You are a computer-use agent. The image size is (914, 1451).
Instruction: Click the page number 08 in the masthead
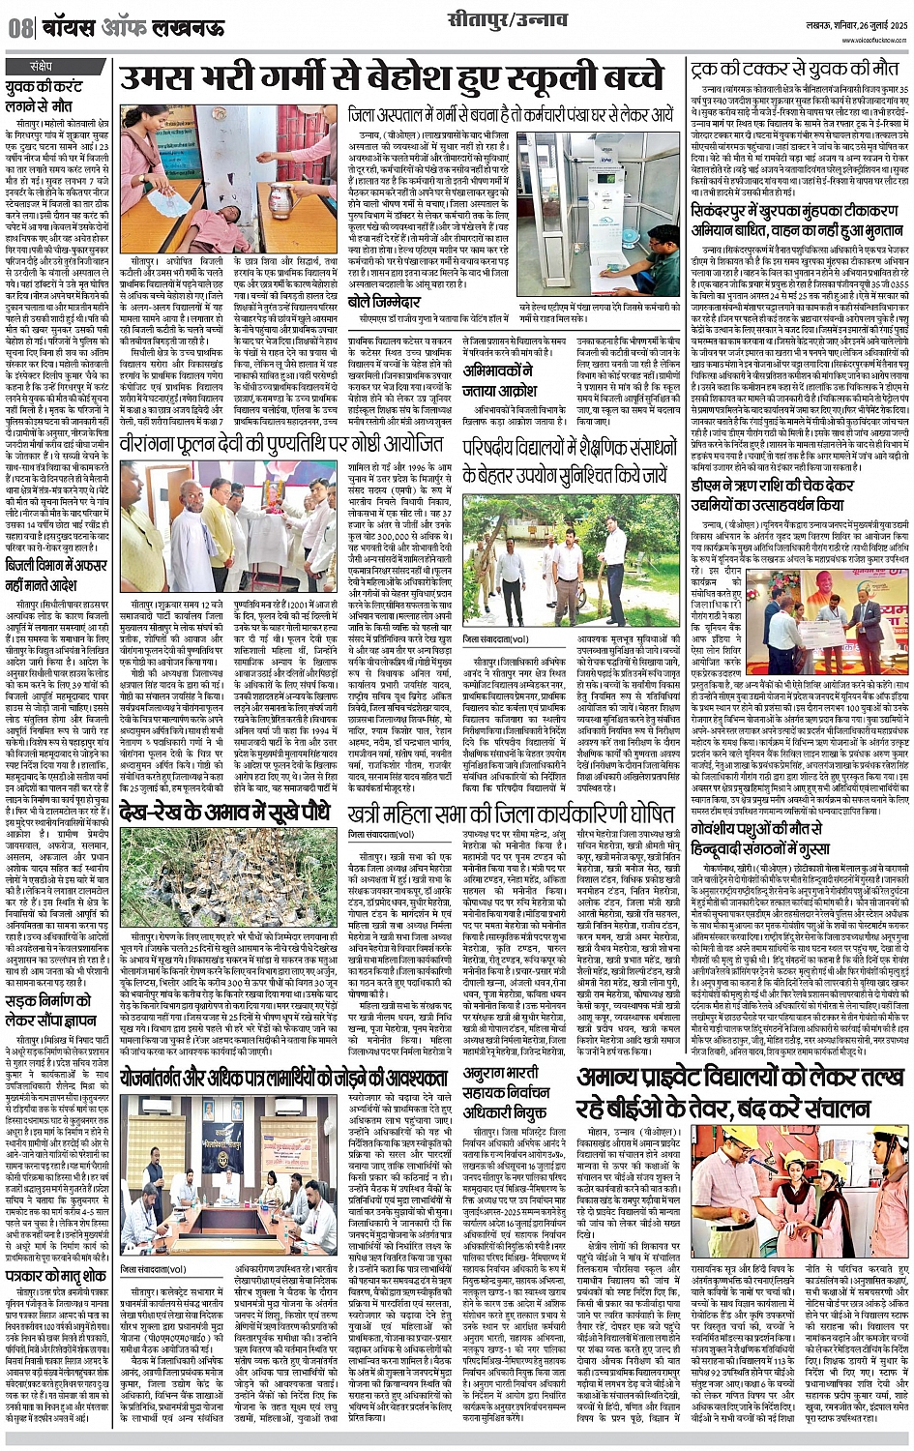click(19, 28)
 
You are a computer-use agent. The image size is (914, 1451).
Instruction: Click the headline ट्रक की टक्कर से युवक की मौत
click(793, 70)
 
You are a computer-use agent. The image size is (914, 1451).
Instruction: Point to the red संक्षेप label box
click(42, 67)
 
